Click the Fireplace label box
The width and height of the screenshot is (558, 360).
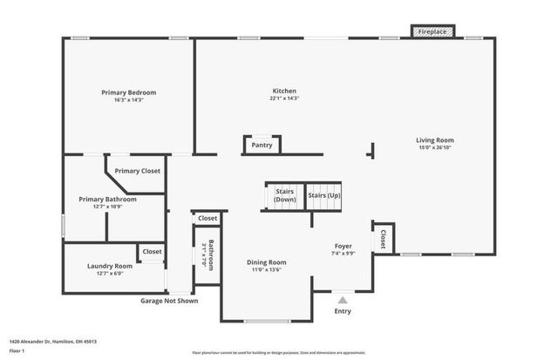[432, 31]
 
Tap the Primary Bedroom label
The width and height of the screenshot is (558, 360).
[129, 92]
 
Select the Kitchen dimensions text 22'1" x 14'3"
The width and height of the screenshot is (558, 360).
[285, 98]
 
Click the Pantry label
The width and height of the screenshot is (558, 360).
[262, 146]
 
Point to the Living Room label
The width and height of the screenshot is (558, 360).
[434, 139]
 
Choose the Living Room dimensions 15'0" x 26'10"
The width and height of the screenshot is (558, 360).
[434, 147]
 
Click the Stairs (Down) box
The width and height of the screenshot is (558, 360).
[285, 195]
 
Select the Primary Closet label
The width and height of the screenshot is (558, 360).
[137, 171]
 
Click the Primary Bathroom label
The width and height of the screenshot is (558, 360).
[108, 200]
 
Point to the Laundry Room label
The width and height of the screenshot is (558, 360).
[110, 266]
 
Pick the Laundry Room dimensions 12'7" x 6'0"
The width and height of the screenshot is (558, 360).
[110, 274]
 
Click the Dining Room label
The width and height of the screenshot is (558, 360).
[266, 262]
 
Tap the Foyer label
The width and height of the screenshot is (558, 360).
[343, 246]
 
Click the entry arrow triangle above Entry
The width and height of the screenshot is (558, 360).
[343, 299]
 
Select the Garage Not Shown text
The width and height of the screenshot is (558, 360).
[169, 301]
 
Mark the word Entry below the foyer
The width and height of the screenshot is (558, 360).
[343, 310]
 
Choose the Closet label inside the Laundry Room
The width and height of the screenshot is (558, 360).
[153, 251]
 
